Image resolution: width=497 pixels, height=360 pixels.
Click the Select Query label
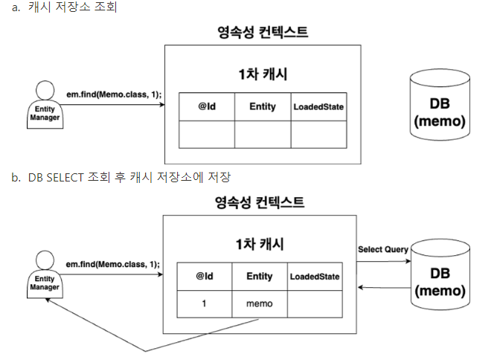(383, 250)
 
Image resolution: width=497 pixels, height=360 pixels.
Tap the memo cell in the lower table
(260, 304)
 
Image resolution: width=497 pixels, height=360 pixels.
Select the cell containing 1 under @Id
(205, 304)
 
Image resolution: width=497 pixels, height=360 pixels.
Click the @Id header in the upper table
(207, 106)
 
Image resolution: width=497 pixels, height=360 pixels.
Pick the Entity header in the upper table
(263, 106)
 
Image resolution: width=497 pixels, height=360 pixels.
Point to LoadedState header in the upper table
(318, 107)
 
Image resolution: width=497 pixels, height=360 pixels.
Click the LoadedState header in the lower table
(315, 277)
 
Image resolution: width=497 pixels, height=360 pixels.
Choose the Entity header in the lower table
(260, 277)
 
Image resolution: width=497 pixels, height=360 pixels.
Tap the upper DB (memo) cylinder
(440, 105)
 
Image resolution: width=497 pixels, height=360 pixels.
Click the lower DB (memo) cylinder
(440, 274)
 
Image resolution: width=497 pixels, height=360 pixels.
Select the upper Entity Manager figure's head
(45, 90)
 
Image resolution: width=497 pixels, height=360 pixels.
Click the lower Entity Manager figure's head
(45, 260)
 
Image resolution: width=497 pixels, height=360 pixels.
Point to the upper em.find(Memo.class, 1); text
(114, 94)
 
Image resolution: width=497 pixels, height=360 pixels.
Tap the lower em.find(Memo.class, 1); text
(113, 264)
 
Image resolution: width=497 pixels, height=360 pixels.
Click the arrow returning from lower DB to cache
(384, 287)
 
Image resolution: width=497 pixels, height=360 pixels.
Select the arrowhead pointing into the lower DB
(408, 261)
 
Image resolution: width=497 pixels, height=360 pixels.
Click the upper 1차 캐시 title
(263, 74)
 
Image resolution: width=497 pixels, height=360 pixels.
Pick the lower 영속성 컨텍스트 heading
(260, 202)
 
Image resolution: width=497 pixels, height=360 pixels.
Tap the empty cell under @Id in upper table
(207, 135)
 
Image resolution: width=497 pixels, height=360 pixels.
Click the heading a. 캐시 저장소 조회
(64, 7)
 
